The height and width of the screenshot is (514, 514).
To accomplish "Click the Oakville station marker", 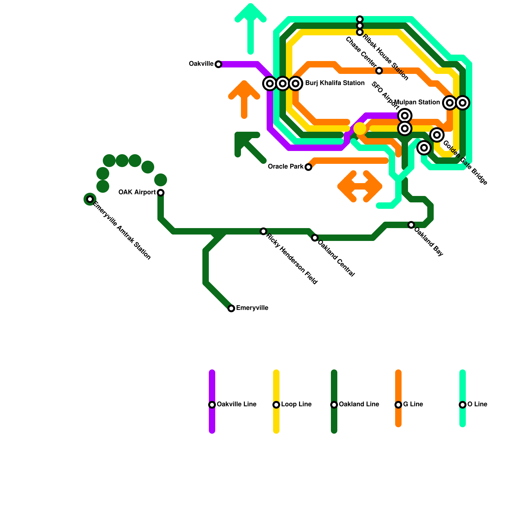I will point(218,64).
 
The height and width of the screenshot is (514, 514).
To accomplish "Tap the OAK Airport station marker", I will point(161,193).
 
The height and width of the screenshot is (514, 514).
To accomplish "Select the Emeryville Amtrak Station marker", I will point(90,199).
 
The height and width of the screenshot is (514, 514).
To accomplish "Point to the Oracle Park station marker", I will point(308,167).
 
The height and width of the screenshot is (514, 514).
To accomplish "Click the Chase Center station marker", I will point(379,71).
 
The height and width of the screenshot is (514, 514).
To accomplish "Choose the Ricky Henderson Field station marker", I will point(263,231).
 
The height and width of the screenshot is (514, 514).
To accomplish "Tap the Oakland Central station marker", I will point(315,238).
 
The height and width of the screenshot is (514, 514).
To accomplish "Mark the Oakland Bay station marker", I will point(411,225).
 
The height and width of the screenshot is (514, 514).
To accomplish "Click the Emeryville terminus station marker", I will point(231,308).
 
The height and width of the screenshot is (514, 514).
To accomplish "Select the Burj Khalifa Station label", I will point(335,83).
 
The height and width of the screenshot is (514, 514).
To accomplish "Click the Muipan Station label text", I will point(417,102).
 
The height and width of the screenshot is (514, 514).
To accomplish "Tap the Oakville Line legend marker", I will point(212,405).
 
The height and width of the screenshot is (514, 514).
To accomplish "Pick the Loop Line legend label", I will point(296,404).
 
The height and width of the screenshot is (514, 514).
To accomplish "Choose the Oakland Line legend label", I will point(359,404).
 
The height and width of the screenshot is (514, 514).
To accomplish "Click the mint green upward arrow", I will point(251,26).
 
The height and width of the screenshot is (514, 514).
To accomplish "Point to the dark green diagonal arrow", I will point(249,146).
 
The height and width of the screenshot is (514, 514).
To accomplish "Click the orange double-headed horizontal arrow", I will point(360,186).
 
